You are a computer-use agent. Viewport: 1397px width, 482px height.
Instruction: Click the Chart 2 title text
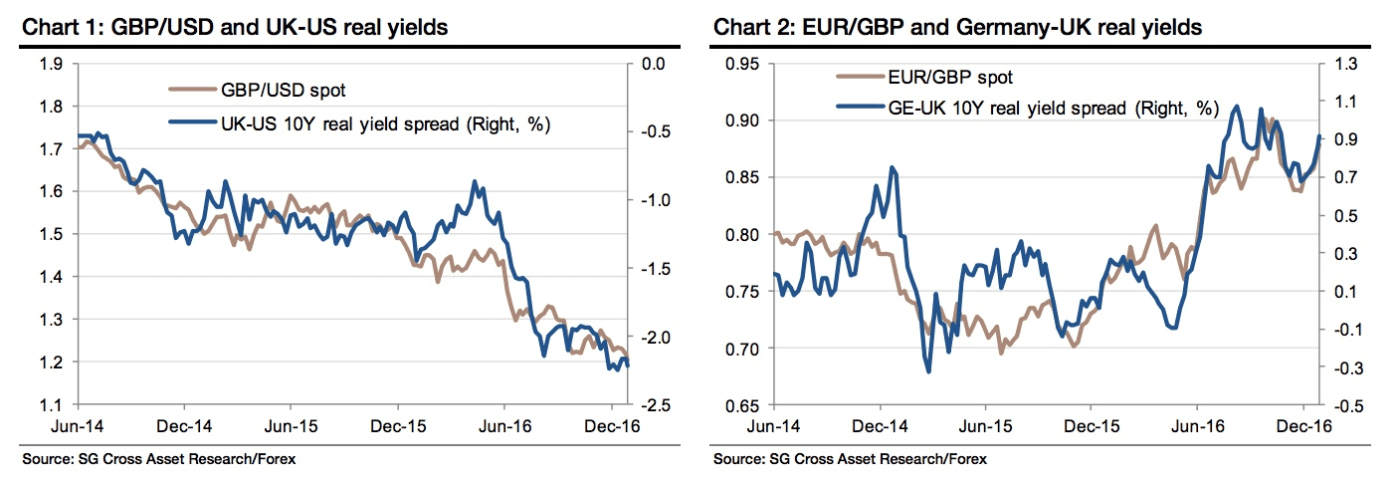click(x=957, y=28)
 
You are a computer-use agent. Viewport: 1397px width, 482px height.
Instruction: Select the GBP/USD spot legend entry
click(x=284, y=91)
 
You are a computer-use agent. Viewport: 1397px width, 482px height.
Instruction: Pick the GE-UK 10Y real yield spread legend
click(x=1053, y=109)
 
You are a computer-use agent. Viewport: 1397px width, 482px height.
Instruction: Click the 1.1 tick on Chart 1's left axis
click(x=51, y=405)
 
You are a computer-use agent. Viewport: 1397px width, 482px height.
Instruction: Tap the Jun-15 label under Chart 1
click(x=290, y=424)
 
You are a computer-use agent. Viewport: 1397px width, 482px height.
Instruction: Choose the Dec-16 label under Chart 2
click(x=1304, y=424)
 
